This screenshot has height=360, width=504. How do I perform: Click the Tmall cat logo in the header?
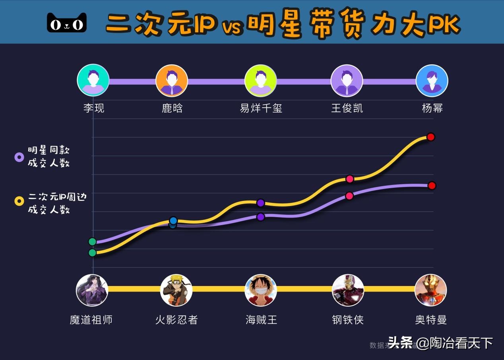67,23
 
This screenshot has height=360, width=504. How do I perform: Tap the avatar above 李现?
93,80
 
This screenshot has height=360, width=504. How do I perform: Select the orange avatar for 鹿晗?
171,81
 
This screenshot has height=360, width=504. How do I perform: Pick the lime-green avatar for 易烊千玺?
261,81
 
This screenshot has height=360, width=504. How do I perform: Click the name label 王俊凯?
347,108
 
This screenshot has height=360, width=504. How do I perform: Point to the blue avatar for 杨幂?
432,81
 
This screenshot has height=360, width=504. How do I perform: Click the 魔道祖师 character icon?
92,290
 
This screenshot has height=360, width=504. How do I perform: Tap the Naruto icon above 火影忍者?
176,290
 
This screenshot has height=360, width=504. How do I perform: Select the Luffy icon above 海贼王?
261,290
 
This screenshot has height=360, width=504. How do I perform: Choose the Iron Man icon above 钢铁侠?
348,290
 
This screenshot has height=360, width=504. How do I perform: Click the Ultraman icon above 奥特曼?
430,290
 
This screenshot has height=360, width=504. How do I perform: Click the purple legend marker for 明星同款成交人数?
19,157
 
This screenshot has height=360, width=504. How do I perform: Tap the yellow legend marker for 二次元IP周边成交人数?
19,201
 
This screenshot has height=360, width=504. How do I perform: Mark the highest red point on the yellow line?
430,137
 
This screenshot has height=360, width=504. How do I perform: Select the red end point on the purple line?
432,185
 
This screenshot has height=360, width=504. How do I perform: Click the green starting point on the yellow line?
92,253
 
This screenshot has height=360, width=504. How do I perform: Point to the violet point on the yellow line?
260,203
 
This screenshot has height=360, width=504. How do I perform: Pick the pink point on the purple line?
349,196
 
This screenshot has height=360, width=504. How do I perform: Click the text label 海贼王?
261,320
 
